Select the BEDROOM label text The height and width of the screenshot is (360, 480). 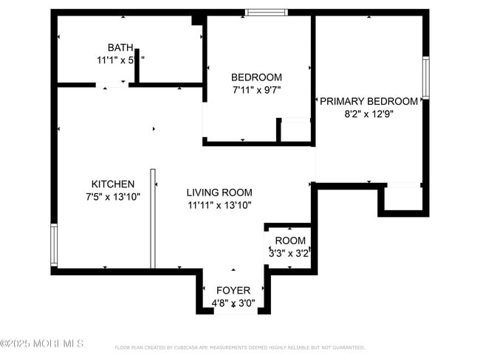tap(256, 77)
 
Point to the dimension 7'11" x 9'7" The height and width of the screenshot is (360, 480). tap(256, 89)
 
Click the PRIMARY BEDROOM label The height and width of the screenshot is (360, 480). tap(368, 101)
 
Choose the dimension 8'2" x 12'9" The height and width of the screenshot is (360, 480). tap(368, 114)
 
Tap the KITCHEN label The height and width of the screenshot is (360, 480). tap(112, 184)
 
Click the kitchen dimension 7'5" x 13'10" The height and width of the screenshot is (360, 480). tap(112, 196)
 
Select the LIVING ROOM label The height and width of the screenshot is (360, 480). tap(219, 192)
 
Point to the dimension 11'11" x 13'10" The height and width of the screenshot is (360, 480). tap(219, 204)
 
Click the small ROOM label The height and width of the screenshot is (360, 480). tap(289, 240)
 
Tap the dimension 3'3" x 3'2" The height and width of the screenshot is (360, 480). tap(289, 253)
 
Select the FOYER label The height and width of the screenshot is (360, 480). tap(233, 290)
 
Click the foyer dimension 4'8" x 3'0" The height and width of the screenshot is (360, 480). tap(233, 302)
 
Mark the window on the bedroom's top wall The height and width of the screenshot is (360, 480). tap(267, 12)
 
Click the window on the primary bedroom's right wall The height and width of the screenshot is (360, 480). tap(425, 77)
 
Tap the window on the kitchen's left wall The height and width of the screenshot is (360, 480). tap(53, 245)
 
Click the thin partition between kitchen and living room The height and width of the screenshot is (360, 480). tap(153, 218)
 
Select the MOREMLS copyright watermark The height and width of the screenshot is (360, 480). tap(42, 343)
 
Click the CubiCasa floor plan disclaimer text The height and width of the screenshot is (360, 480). tap(239, 347)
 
